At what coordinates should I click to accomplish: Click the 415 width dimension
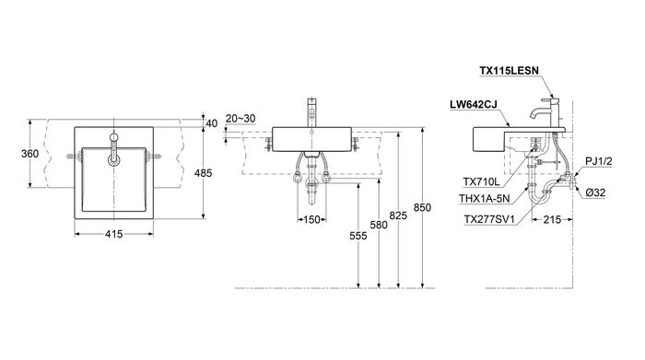(x=113, y=234)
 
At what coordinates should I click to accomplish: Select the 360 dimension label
(x=30, y=154)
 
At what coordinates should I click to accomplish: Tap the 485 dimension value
(x=204, y=173)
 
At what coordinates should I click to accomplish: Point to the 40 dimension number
(x=211, y=123)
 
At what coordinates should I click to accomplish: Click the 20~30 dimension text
(x=240, y=119)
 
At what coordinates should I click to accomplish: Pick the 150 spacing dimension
(x=311, y=220)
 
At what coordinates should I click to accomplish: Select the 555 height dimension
(x=358, y=236)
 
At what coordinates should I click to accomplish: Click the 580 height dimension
(x=379, y=225)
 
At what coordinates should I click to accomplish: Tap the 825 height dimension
(x=398, y=215)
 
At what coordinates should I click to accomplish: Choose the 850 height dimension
(x=422, y=207)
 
